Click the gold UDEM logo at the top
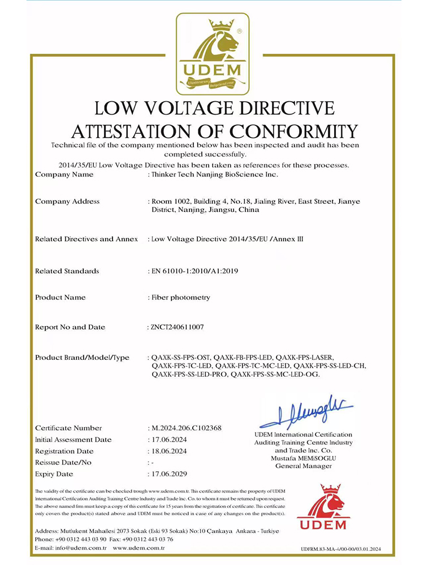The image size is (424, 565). click(x=212, y=54)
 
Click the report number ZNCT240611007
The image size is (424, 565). click(x=178, y=327)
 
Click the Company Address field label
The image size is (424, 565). click(x=67, y=201)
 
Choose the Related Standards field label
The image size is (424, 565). click(x=67, y=271)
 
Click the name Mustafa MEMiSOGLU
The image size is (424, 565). click(x=304, y=458)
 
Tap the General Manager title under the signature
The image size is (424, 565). click(x=304, y=466)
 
